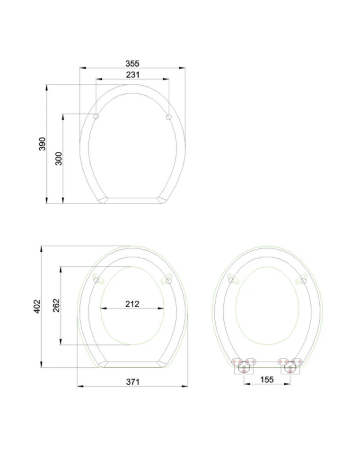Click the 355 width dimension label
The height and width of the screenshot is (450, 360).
(x=132, y=63)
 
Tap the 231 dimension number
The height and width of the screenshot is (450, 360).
(x=133, y=75)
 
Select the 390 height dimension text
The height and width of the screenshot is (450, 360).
(x=42, y=144)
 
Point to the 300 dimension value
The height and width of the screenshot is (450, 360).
(x=59, y=159)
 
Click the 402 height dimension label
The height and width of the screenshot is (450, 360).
(x=37, y=306)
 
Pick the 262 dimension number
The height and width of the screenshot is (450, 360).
(x=56, y=305)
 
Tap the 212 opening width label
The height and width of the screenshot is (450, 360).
(x=132, y=304)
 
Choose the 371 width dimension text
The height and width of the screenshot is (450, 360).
(x=133, y=382)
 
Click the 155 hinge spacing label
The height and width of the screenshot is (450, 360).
(x=267, y=379)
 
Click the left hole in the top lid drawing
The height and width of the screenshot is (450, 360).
(x=96, y=116)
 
